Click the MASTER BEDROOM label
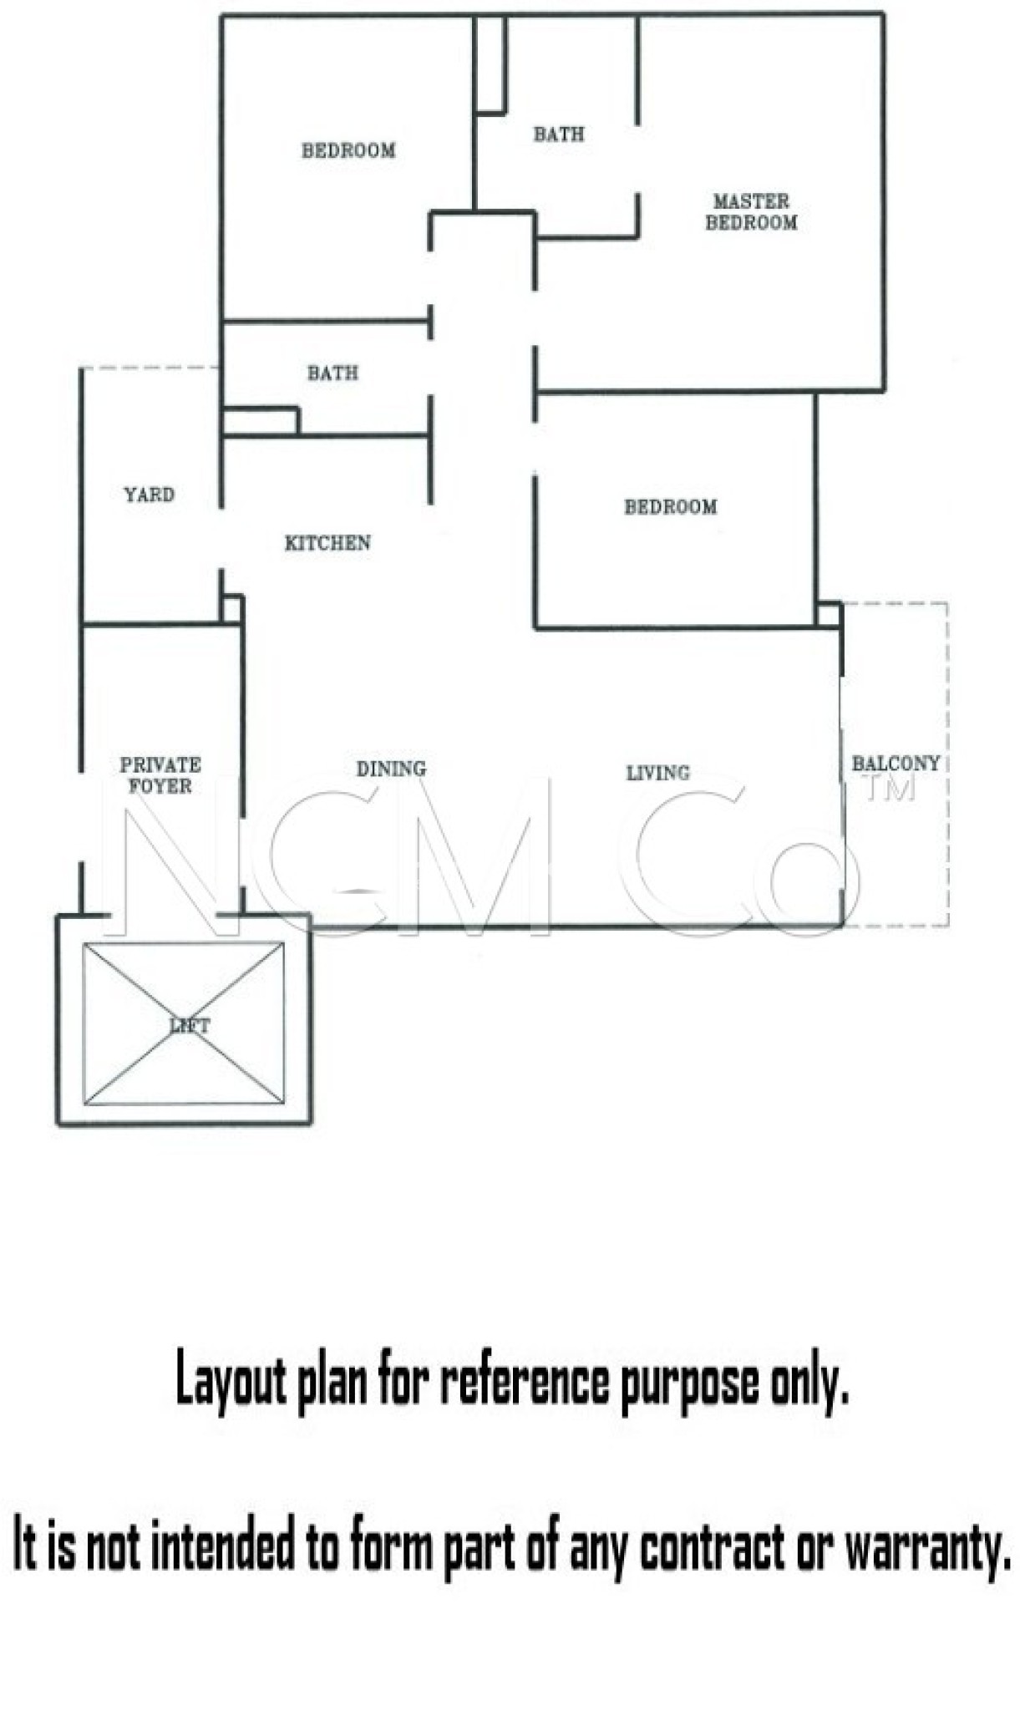click(751, 212)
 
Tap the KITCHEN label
click(327, 543)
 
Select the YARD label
click(150, 495)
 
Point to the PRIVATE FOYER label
click(160, 775)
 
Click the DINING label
click(391, 769)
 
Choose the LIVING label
click(658, 773)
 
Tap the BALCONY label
click(896, 763)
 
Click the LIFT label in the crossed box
click(190, 1025)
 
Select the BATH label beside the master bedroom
click(559, 134)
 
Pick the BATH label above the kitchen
click(332, 373)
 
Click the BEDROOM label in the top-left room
click(348, 150)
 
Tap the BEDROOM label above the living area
click(671, 506)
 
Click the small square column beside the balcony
click(828, 614)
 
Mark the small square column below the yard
click(231, 609)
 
